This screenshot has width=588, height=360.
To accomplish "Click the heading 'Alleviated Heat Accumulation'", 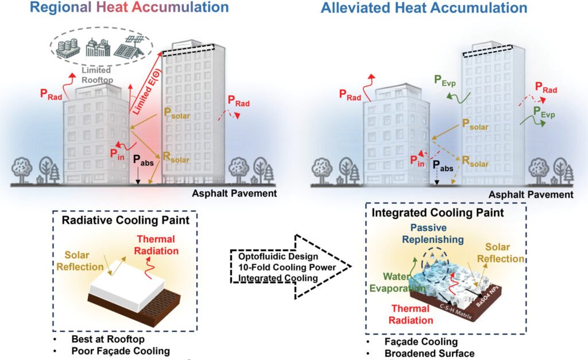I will point(424,8).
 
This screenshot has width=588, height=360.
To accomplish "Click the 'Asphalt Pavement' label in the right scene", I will point(531,195).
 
